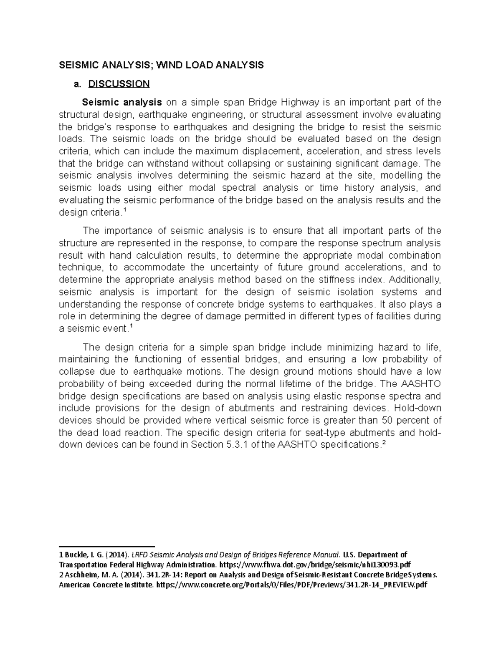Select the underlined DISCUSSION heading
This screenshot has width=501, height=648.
point(119,84)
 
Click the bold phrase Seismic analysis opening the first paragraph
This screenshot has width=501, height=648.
point(122,102)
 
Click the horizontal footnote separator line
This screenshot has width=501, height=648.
point(107,546)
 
